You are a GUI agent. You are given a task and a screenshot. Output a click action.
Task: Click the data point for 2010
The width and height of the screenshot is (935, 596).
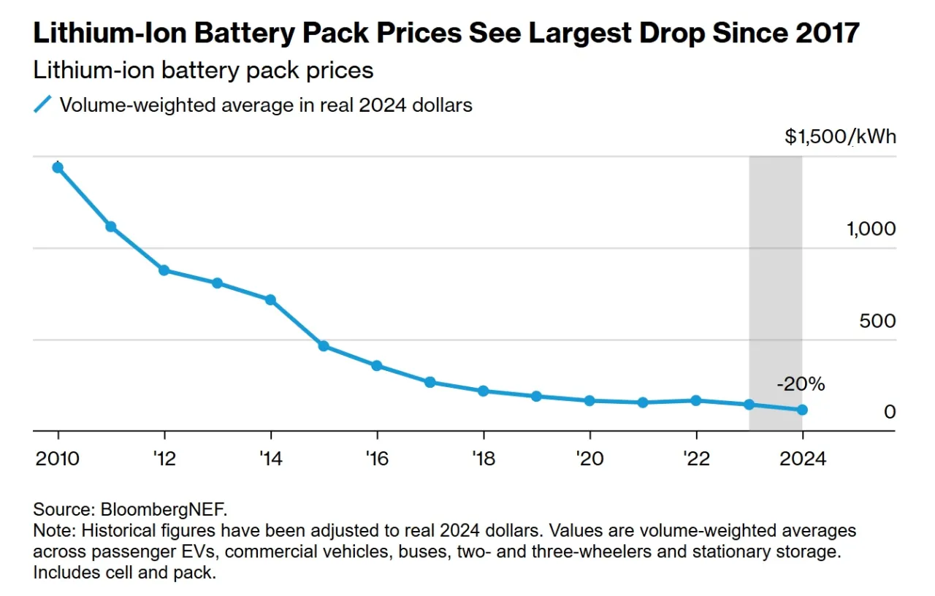[58, 167]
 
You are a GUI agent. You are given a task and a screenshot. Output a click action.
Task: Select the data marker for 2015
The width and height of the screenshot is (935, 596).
[324, 345]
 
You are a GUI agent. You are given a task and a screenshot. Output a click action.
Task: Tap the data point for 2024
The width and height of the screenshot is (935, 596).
[802, 410]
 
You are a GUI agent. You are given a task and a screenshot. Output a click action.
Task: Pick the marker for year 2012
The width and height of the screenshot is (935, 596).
[164, 270]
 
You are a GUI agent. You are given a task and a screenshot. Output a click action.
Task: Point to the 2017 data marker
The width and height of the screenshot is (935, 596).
[430, 382]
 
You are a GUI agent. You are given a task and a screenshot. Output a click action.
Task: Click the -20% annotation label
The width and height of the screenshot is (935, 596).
[801, 383]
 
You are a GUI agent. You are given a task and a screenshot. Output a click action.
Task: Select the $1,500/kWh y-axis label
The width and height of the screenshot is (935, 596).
[840, 137]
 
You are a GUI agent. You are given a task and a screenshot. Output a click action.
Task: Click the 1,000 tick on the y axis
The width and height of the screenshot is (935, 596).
[871, 229]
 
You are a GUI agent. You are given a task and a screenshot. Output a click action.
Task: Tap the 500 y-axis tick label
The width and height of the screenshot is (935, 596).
[877, 321]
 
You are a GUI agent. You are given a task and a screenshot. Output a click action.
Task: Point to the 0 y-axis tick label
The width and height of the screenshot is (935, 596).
[889, 412]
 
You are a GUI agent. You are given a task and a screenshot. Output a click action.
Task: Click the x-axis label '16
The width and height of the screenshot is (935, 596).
[377, 459]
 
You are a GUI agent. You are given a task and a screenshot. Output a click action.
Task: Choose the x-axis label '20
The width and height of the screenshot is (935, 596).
[589, 459]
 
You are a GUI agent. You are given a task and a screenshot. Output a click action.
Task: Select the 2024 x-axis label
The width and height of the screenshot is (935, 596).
[802, 459]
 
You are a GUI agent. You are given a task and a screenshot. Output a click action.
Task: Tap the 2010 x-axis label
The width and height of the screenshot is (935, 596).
[58, 459]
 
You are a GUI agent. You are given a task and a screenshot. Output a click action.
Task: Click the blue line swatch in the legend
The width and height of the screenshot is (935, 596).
[43, 105]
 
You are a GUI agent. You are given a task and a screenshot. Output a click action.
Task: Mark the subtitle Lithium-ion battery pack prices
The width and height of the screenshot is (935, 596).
[203, 71]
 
